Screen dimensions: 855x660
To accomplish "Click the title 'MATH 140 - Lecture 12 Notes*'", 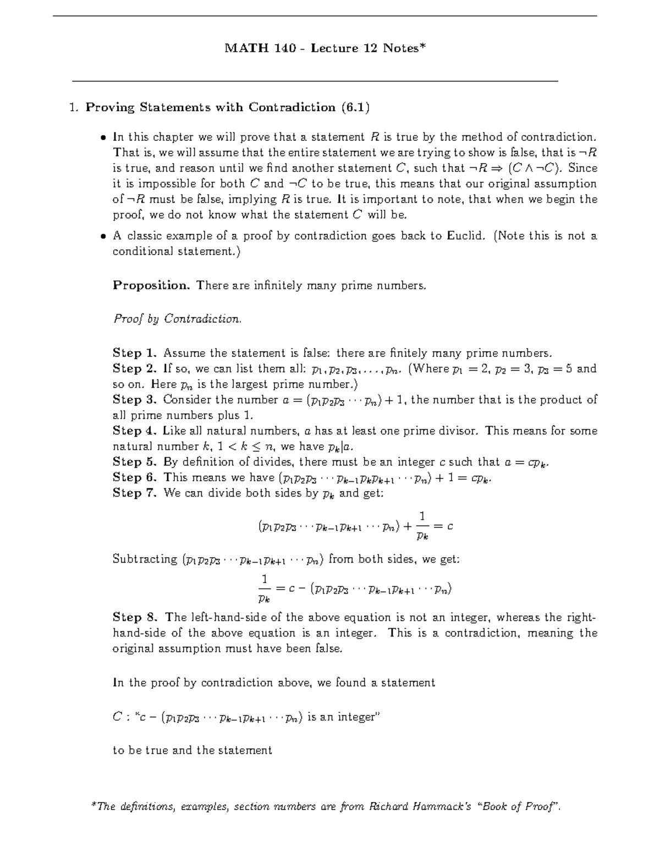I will [325, 48].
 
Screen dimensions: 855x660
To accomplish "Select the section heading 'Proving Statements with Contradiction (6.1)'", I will [227, 107].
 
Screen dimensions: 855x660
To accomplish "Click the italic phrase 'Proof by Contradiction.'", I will [177, 319].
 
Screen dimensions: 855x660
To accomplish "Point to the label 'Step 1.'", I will [135, 353].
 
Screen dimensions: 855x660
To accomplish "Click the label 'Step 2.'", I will [135, 368].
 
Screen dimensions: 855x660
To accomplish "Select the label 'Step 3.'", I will [135, 400].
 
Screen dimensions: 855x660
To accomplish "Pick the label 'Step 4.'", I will [135, 431].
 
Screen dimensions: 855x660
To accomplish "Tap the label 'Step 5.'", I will [135, 462].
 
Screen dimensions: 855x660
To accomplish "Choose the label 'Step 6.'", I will [135, 477].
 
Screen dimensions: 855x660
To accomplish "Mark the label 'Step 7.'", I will [135, 493].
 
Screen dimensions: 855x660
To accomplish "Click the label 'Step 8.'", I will [135, 617].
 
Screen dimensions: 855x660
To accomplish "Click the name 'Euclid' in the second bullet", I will [465, 236].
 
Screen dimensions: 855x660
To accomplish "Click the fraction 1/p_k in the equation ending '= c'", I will [422, 526].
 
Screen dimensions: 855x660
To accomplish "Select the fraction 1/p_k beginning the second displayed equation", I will [264, 589].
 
